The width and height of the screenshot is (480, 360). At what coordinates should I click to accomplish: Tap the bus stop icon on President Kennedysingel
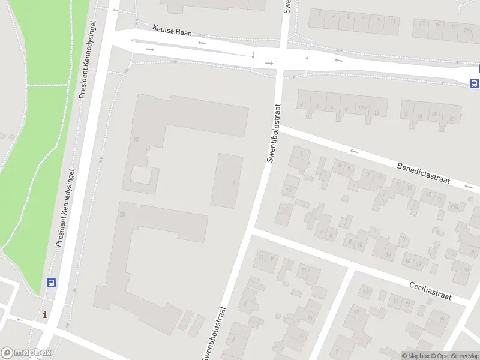[52, 283]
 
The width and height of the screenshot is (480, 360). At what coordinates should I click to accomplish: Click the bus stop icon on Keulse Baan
[474, 83]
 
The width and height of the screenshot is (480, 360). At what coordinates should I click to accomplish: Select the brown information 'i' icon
[45, 314]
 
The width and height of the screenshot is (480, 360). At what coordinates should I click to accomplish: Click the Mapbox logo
[26, 353]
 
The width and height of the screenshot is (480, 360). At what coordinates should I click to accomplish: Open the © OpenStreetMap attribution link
[455, 356]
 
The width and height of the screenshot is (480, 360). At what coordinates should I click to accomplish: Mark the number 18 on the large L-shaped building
[136, 140]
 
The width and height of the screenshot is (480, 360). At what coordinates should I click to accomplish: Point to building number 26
[122, 214]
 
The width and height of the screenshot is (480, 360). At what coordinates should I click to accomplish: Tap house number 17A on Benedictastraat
[454, 207]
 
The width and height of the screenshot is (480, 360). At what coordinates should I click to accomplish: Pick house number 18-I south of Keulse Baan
[435, 114]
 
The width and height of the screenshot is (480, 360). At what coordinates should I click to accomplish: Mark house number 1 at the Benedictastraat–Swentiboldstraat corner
[301, 154]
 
